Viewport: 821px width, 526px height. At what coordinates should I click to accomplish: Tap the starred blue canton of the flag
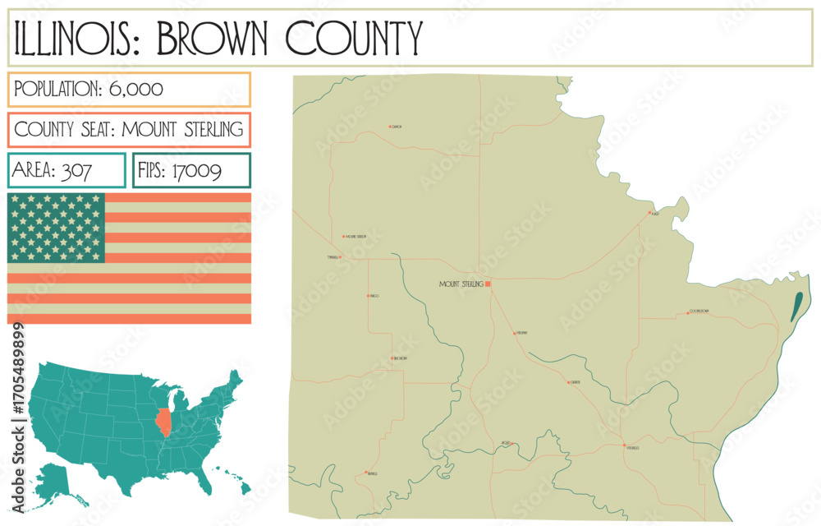(56, 228)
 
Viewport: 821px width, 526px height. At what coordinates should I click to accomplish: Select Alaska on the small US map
(55, 482)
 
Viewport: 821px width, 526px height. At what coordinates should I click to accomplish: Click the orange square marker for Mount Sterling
(488, 284)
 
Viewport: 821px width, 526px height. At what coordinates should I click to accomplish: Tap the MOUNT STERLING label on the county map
(461, 284)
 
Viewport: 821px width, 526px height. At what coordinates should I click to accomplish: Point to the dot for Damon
(390, 127)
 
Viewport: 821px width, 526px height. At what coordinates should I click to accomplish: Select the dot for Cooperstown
(687, 312)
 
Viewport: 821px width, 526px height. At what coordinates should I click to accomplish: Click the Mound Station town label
(355, 237)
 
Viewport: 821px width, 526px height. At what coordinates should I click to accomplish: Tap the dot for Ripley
(649, 213)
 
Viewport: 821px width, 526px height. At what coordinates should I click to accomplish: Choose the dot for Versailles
(623, 446)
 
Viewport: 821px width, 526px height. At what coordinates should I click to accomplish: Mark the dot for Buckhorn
(392, 358)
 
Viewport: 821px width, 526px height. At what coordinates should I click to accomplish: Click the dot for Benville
(365, 473)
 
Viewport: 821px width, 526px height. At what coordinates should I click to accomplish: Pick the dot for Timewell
(340, 257)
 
